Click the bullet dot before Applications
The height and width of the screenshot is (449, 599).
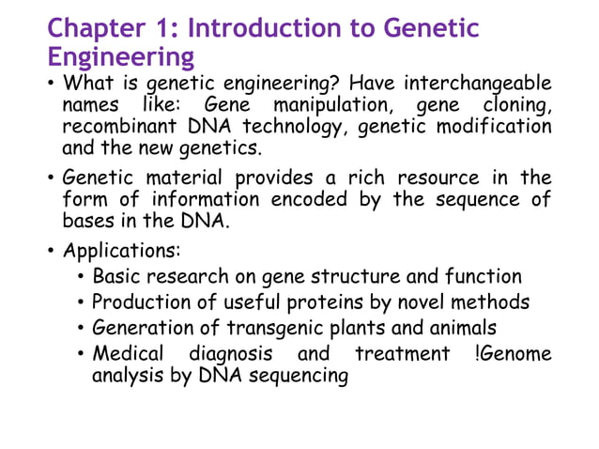[x=51, y=252]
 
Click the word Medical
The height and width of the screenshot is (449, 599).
[x=130, y=354]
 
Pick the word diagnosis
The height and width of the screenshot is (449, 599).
[x=231, y=354]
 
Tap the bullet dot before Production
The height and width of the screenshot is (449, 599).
[x=82, y=302]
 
